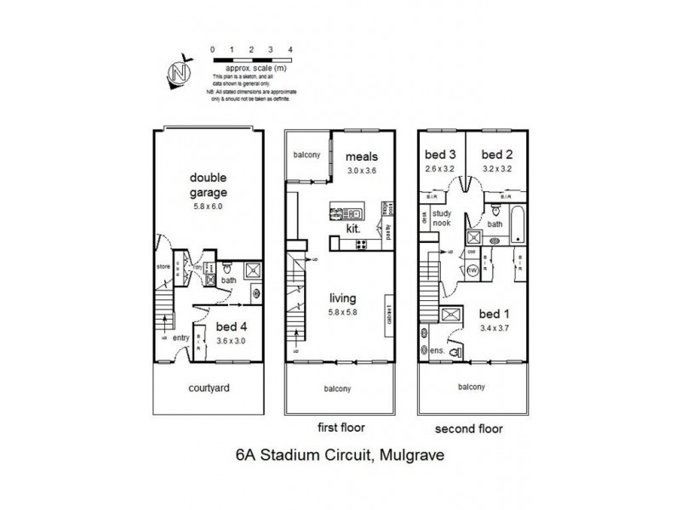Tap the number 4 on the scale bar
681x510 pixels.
(291, 50)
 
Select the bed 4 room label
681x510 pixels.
(231, 326)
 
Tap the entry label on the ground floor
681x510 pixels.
(180, 337)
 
